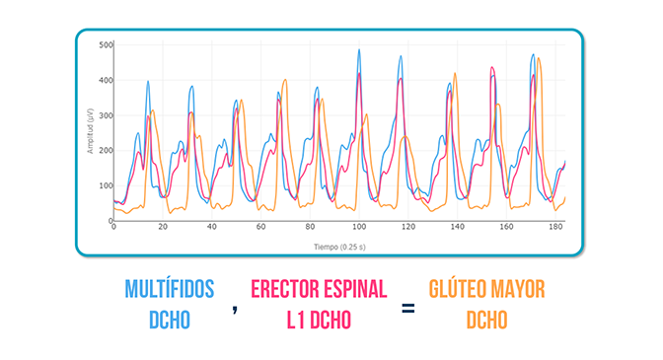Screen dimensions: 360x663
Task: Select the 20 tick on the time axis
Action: pyautogui.click(x=163, y=227)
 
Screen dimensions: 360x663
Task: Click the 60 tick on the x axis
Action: pyautogui.click(x=260, y=227)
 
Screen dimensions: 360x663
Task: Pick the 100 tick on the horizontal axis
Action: pyautogui.click(x=358, y=227)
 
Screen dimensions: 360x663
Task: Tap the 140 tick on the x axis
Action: pyautogui.click(x=456, y=227)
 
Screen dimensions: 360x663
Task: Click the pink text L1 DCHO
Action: pyautogui.click(x=319, y=321)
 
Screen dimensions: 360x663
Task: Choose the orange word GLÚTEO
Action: pyautogui.click(x=462, y=289)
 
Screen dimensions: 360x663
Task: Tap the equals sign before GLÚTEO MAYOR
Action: pyautogui.click(x=407, y=308)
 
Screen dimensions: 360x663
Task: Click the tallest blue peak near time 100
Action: pyautogui.click(x=358, y=50)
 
